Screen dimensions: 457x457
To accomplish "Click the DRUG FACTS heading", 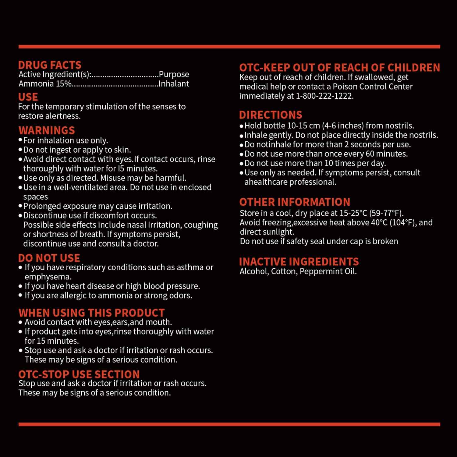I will (x=50, y=65).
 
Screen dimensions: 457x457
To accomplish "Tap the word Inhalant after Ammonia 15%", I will (x=174, y=84).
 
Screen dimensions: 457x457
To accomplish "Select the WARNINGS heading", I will (x=47, y=130).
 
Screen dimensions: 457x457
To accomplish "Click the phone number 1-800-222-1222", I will (x=324, y=96).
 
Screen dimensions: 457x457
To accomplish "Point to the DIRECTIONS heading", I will (x=271, y=115).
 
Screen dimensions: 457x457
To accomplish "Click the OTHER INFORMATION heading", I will (x=295, y=202).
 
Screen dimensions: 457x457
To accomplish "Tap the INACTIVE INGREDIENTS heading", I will (x=299, y=262).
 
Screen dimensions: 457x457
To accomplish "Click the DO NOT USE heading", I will (x=49, y=258).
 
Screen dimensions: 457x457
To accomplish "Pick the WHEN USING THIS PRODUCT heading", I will (x=91, y=313).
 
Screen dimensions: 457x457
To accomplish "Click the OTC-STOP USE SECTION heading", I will (x=79, y=374).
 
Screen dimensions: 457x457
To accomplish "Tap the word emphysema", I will (x=48, y=277).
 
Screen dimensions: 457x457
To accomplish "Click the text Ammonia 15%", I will (x=45, y=84).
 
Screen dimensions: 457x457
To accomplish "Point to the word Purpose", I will (x=174, y=74).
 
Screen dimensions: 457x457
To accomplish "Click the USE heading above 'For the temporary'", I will (x=28, y=97).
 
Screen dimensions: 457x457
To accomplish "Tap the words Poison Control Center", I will (x=372, y=87).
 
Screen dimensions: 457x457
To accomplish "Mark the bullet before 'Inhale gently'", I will (x=242, y=136).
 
